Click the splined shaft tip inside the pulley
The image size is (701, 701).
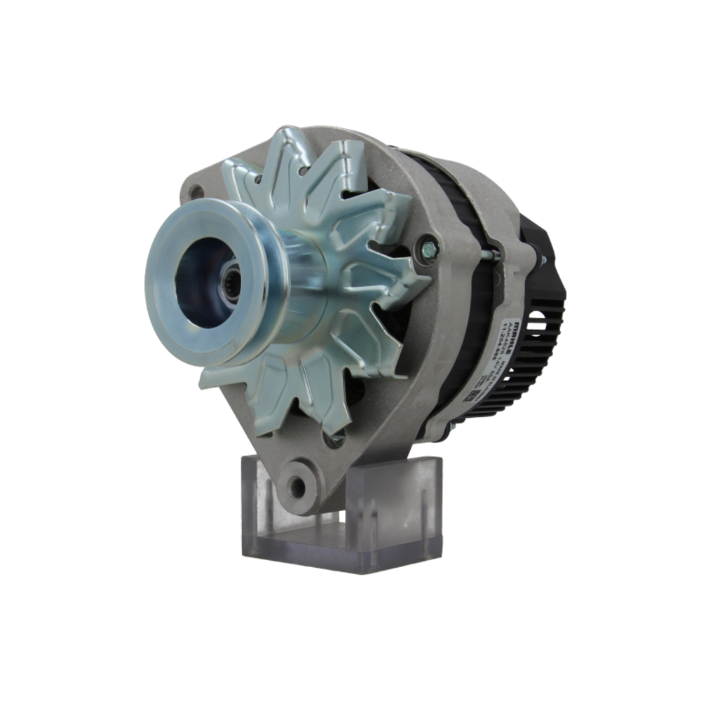(229, 281)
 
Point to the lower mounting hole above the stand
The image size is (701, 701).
(297, 486)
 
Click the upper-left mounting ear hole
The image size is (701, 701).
(197, 191)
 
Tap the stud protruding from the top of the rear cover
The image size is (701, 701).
(542, 261)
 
